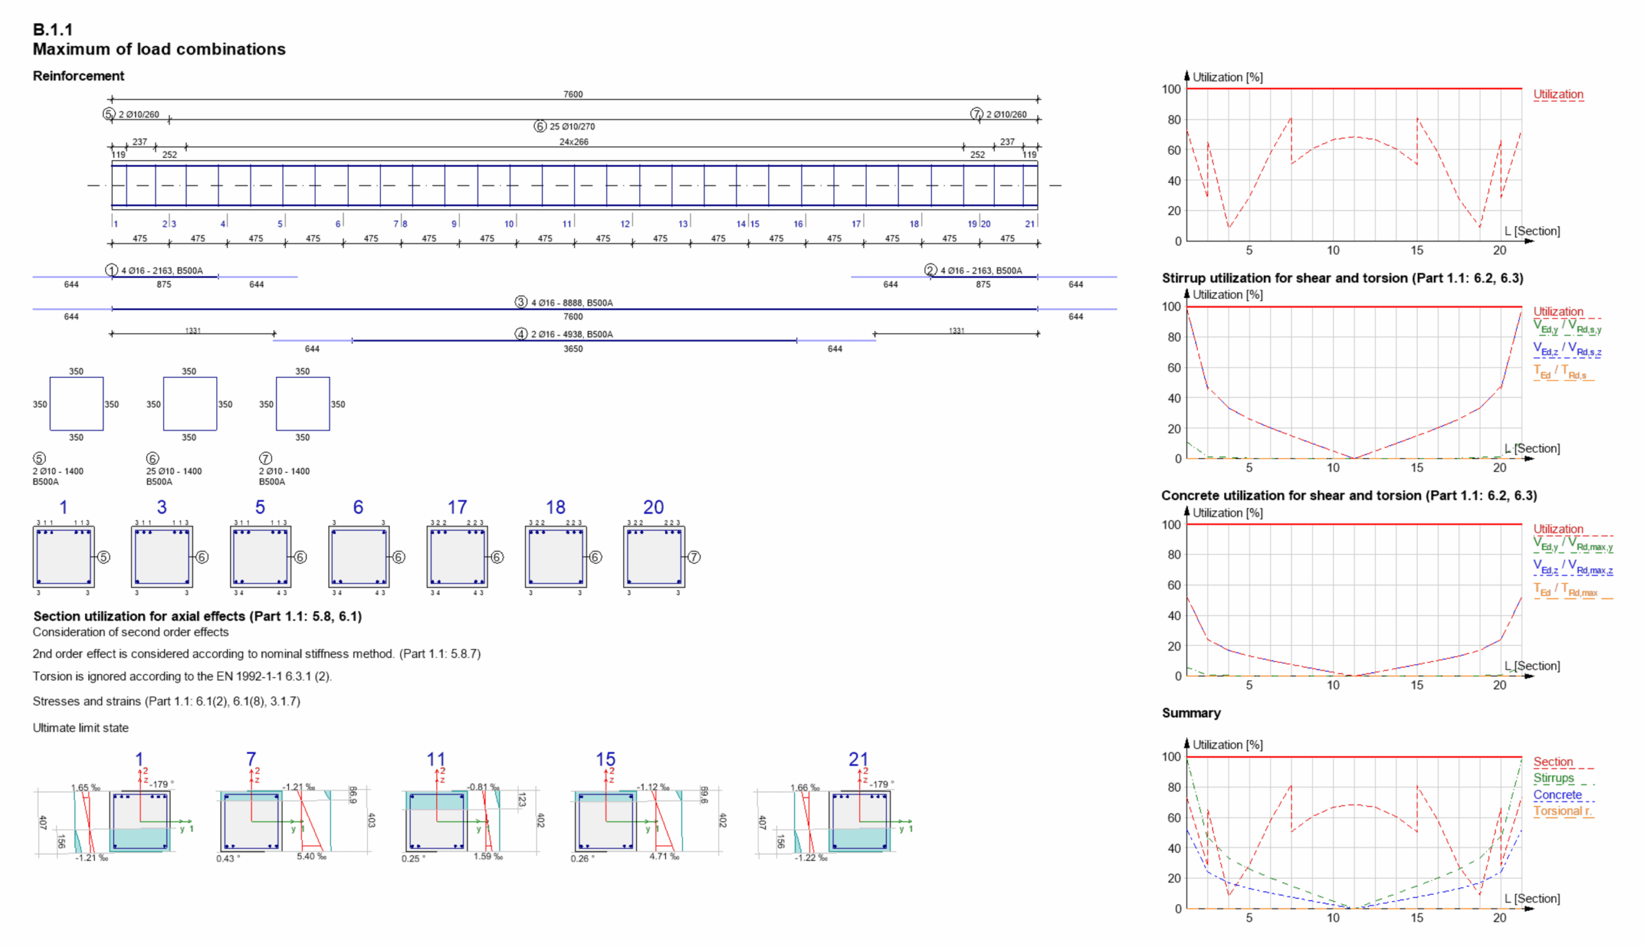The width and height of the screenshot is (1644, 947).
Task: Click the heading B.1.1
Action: click(x=53, y=30)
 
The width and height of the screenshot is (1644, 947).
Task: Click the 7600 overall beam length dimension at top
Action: click(x=572, y=94)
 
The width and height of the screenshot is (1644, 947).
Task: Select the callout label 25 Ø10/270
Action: click(x=572, y=126)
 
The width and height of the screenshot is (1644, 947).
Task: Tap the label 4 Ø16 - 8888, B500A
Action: click(x=572, y=302)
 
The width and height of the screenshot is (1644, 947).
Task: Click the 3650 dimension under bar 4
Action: click(x=572, y=349)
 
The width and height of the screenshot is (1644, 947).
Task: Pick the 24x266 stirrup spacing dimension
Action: click(x=573, y=142)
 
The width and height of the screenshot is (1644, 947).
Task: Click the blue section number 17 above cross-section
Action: click(x=457, y=507)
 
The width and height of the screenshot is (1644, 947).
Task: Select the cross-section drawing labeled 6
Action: click(x=358, y=557)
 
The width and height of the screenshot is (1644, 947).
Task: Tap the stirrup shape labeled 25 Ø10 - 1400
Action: click(x=189, y=404)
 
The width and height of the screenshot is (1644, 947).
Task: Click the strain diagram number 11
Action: click(x=435, y=759)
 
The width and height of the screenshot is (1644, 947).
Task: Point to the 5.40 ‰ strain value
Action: click(x=311, y=856)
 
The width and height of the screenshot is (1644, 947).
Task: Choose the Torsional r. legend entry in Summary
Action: click(x=1561, y=811)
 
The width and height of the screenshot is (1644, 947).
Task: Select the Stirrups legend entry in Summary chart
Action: click(x=1553, y=778)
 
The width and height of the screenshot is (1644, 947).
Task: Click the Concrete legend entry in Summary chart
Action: click(x=1557, y=795)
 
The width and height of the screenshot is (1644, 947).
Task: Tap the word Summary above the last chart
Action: click(x=1191, y=713)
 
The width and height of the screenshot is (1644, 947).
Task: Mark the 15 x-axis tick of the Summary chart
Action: click(x=1416, y=917)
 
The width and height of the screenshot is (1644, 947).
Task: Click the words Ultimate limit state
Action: click(x=81, y=728)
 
